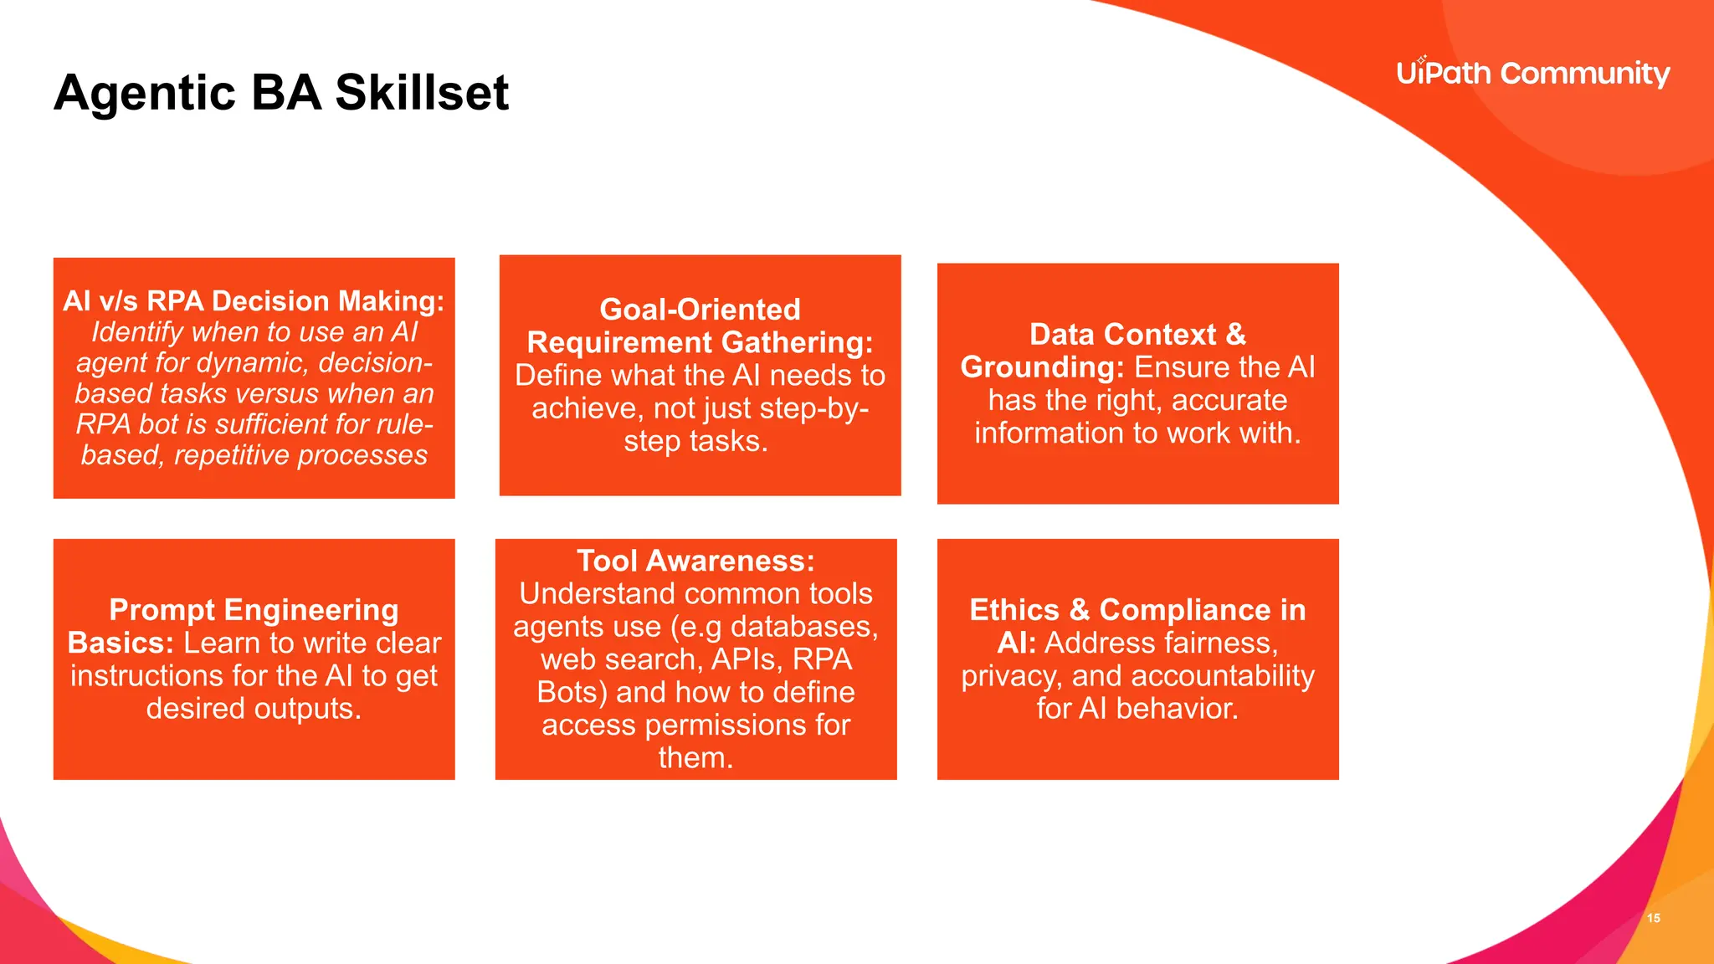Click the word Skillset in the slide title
click(422, 92)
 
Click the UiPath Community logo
click(1532, 74)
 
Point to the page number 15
click(1653, 918)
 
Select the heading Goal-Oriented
click(700, 310)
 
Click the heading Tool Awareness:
click(695, 561)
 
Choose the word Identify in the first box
click(137, 332)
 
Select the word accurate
click(1229, 401)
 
